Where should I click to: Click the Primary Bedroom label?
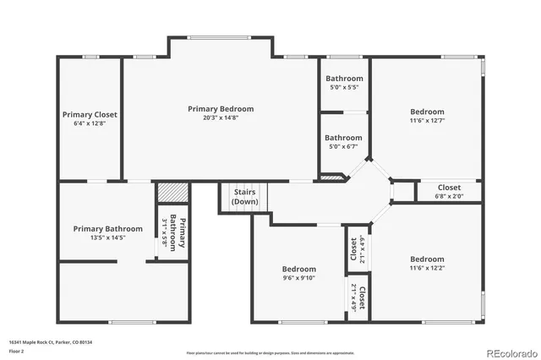(x=221, y=109)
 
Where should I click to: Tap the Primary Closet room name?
(x=90, y=114)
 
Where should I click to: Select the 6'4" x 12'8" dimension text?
(x=90, y=123)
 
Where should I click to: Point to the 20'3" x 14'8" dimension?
(x=221, y=118)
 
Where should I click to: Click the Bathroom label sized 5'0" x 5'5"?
(x=344, y=79)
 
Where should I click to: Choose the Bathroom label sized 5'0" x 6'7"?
(x=344, y=138)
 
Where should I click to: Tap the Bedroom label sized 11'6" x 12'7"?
(x=427, y=112)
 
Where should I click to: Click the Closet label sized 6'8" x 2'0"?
(x=449, y=188)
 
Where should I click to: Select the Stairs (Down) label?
(x=245, y=197)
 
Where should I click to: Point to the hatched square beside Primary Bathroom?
(x=169, y=192)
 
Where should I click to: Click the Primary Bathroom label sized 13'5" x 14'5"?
(x=107, y=228)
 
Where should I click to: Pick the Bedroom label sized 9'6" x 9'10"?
(x=299, y=269)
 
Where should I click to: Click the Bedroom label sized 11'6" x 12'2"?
(x=427, y=259)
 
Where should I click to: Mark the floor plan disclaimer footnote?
(x=270, y=352)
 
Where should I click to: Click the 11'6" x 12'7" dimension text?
(x=427, y=121)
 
